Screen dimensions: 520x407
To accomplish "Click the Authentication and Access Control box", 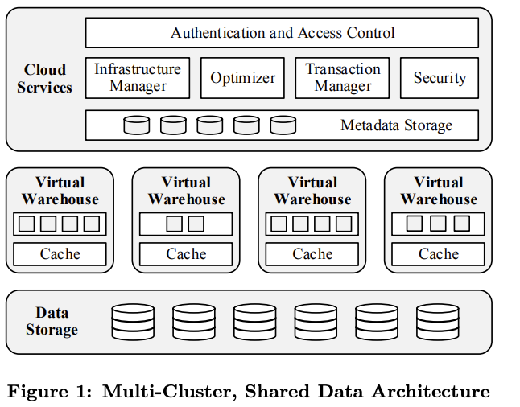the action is coord(282,33).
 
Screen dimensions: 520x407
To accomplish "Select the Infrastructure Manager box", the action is coord(138,78).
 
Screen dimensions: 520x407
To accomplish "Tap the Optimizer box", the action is coord(242,78).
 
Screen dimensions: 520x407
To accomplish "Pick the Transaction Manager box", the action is coord(342,78).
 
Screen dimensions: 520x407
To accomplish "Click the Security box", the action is coord(440,78).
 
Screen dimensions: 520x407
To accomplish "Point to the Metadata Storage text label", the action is coord(396,125).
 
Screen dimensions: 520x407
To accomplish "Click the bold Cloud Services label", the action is coord(44,79).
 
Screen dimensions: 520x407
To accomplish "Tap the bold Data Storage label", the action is coord(52,321).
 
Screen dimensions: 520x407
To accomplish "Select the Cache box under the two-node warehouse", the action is coord(186,254).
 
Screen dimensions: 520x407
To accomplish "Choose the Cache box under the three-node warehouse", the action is coord(438,254).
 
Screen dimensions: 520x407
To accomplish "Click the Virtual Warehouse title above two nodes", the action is coord(187,191).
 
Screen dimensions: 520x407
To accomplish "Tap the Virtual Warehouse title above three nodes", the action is coord(439,191).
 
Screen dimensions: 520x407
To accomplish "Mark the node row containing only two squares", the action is coord(186,224).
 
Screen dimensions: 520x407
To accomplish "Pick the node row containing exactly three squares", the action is coord(438,224).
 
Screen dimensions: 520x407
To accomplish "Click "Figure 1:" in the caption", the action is coord(49,392).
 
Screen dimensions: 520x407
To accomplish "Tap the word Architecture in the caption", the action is coord(431,392).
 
